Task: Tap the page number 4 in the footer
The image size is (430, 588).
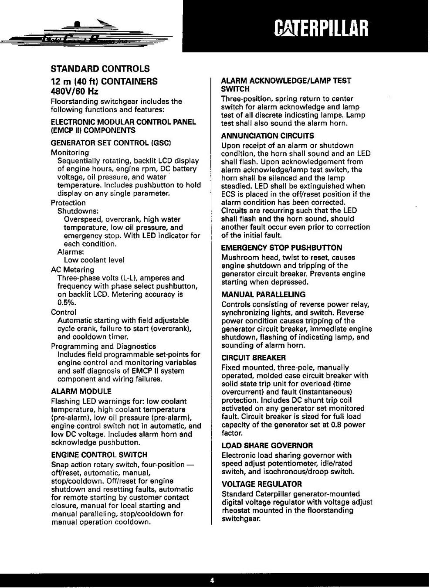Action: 212,580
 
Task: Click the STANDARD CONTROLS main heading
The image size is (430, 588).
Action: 100,69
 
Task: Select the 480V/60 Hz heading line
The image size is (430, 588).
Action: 75,92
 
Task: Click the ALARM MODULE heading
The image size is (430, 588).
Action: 81,391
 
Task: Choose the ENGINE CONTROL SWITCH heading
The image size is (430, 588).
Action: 99,455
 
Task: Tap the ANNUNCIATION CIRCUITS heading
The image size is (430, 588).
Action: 267,136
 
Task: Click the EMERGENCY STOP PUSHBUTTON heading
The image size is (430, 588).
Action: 281,248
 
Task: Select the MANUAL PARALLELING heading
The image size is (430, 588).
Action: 263,294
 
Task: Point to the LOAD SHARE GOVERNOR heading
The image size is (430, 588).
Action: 267,445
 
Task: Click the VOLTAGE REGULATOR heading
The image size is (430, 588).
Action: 261,484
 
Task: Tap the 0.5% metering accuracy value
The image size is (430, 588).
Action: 64,302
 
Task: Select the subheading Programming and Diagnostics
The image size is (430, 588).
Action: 103,346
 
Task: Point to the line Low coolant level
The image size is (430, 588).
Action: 94,260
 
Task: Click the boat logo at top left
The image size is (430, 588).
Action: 87,33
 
